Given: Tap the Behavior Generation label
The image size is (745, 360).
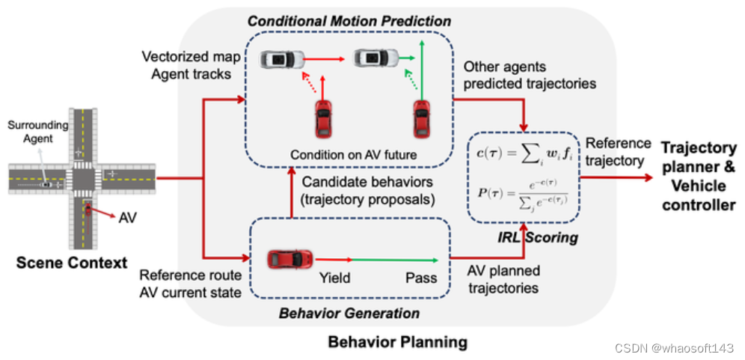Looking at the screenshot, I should point(349,312).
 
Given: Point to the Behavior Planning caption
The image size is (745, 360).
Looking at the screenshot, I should point(397,342).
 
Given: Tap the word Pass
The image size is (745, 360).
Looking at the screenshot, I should point(421,278).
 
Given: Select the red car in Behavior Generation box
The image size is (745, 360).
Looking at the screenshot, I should point(290,259).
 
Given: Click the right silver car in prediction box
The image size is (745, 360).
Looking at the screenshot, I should point(375,57).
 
